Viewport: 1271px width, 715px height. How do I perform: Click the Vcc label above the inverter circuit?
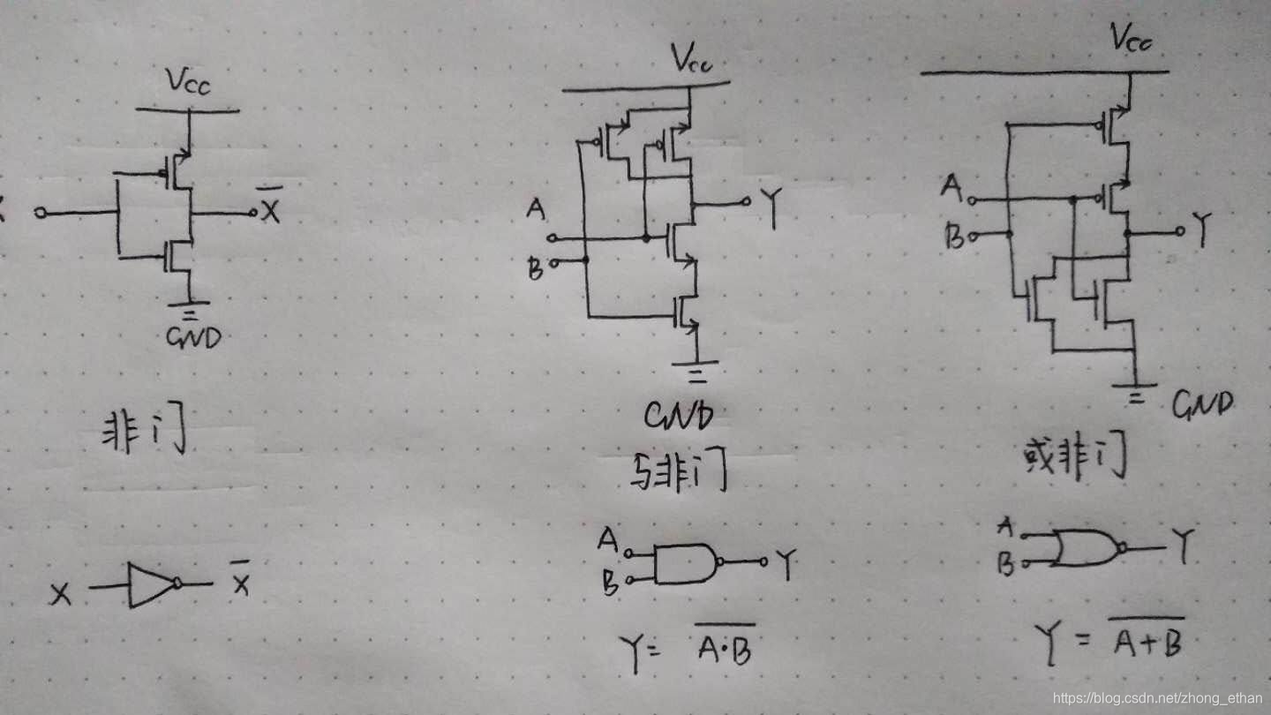[x=187, y=83]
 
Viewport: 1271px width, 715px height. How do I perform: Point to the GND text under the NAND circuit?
[x=678, y=416]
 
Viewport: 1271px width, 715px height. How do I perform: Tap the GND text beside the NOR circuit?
[x=1201, y=404]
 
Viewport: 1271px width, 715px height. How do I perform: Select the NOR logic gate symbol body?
[x=1086, y=548]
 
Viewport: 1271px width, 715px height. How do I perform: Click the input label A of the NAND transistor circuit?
[x=535, y=210]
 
